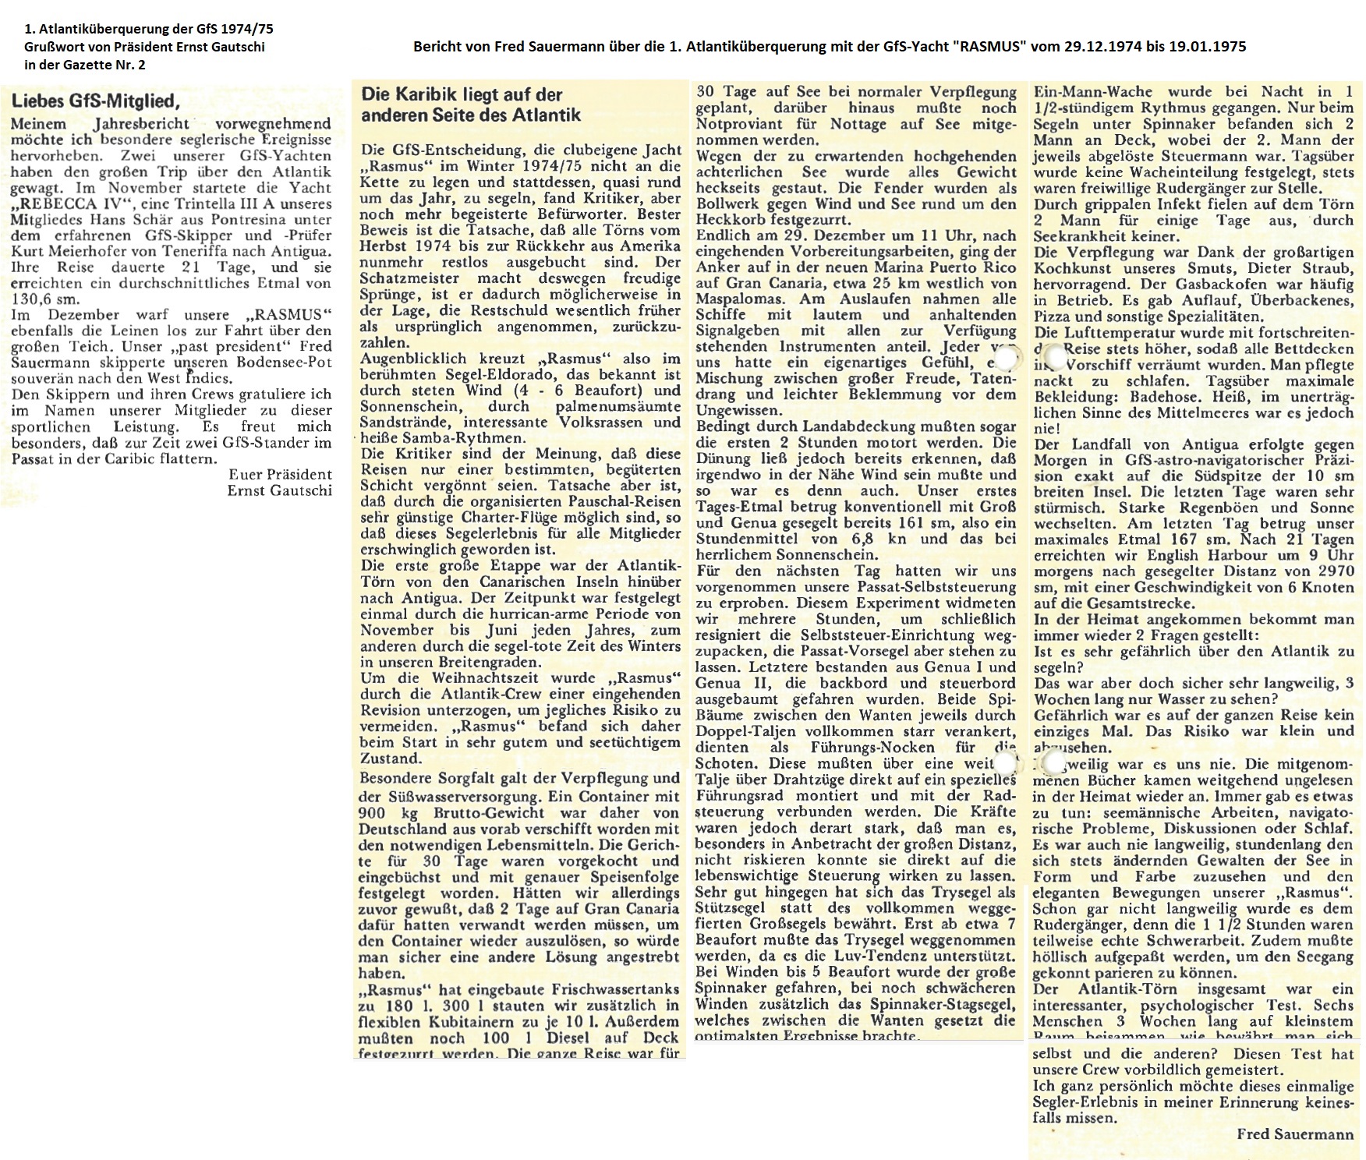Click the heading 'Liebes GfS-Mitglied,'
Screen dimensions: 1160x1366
[95, 101]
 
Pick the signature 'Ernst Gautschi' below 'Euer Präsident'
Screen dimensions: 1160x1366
[279, 490]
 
